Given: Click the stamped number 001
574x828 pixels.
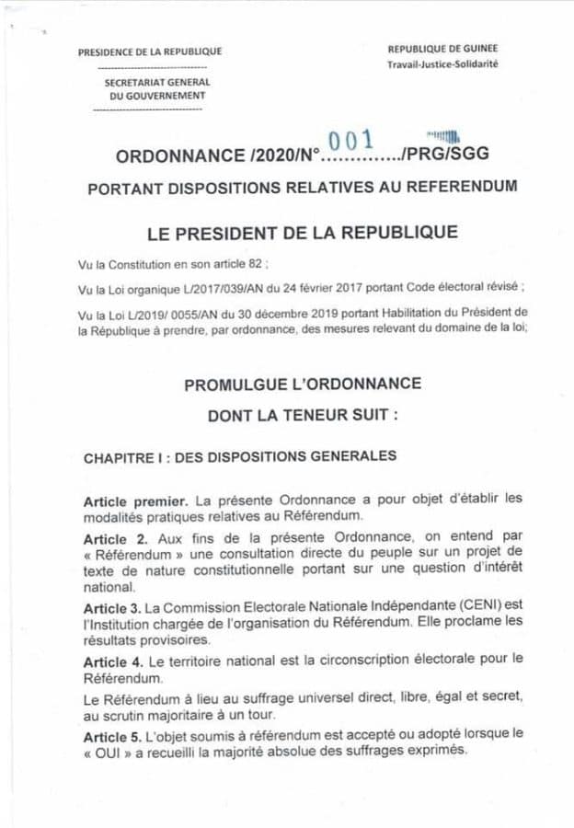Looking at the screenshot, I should [x=350, y=140].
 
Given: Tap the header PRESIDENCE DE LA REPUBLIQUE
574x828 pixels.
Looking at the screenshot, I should [x=150, y=52].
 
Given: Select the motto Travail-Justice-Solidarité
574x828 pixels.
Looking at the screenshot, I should [x=443, y=64].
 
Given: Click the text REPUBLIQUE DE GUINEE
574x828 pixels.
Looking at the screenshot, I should [x=443, y=48].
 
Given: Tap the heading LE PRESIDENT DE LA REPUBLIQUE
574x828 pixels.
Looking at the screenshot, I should [x=303, y=232].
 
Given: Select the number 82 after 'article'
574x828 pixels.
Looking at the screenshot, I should [x=250, y=263].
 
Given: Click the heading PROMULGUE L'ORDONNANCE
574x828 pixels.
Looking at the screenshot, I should [x=303, y=384].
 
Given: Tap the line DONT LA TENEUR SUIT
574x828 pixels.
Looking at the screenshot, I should [x=303, y=416].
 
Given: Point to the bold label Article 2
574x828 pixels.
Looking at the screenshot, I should [x=115, y=536].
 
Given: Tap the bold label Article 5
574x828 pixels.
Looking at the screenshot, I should [x=115, y=733].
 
